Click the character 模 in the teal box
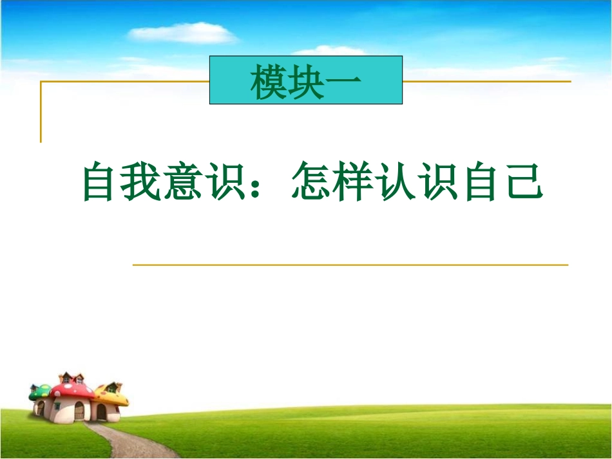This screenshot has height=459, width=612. (269, 82)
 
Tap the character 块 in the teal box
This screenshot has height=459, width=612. (306, 82)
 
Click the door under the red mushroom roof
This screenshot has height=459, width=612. (79, 411)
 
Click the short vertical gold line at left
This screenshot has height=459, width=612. (41, 113)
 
